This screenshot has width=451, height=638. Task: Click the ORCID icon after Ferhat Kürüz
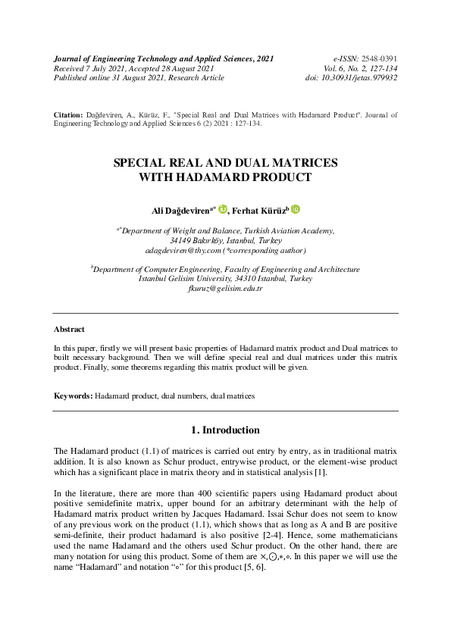[x=295, y=209]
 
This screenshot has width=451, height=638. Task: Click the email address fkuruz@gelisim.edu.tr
[x=224, y=289]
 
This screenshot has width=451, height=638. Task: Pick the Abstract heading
[x=69, y=330]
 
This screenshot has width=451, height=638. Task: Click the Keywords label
[x=73, y=396]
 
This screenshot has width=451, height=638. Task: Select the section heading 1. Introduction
[x=225, y=430]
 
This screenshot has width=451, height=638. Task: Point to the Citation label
[x=67, y=114]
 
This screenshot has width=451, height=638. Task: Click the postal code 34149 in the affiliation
[x=181, y=239]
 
